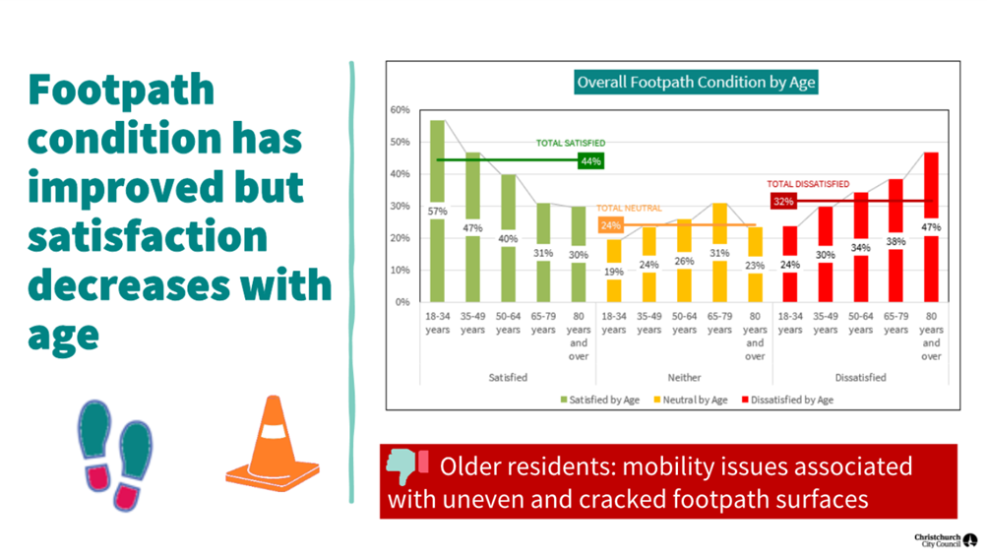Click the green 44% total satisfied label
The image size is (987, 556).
(x=590, y=160)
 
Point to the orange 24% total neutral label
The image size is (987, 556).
(x=611, y=225)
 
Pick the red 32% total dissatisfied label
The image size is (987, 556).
(x=782, y=202)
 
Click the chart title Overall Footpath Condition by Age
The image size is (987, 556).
(x=695, y=83)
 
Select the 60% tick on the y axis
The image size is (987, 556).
(x=400, y=109)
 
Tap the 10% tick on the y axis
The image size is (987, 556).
(x=400, y=270)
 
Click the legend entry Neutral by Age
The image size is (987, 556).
(x=692, y=400)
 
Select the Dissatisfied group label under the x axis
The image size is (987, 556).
(x=860, y=377)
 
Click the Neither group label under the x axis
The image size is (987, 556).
(x=684, y=377)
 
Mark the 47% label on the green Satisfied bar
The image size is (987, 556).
(x=473, y=227)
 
